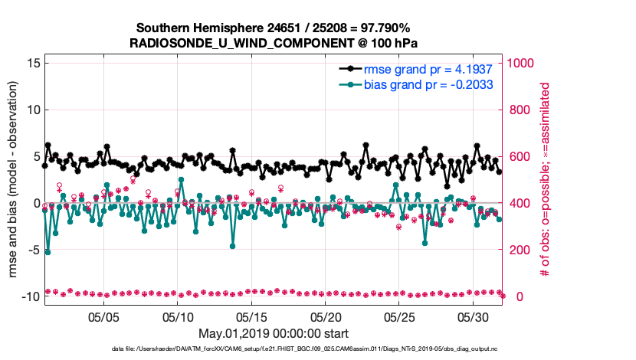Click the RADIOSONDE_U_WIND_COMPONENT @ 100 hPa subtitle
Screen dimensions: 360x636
coord(274,42)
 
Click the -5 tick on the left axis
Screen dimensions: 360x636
coord(32,250)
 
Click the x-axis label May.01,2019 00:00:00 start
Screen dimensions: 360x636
coord(274,333)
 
